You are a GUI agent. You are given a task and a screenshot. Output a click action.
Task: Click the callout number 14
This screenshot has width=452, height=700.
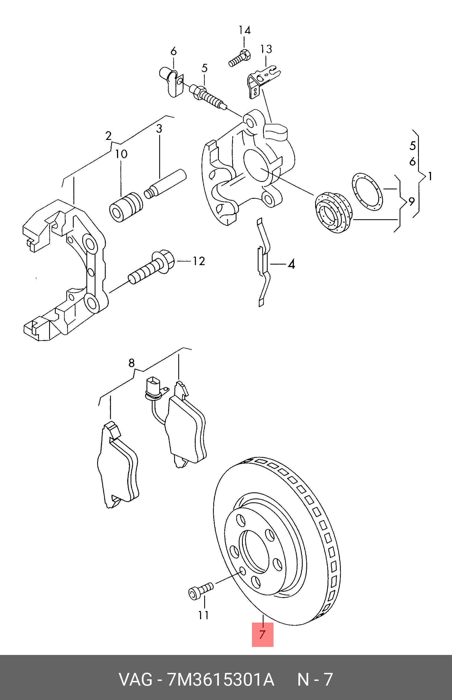[244, 30]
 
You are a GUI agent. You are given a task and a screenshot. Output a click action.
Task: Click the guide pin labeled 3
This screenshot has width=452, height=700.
[166, 184]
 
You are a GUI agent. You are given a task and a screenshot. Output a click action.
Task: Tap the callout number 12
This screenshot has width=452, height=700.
[199, 261]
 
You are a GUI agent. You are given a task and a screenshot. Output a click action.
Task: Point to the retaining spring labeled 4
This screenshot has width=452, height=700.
[264, 262]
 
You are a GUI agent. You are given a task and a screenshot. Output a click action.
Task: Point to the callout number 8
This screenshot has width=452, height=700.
[132, 363]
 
